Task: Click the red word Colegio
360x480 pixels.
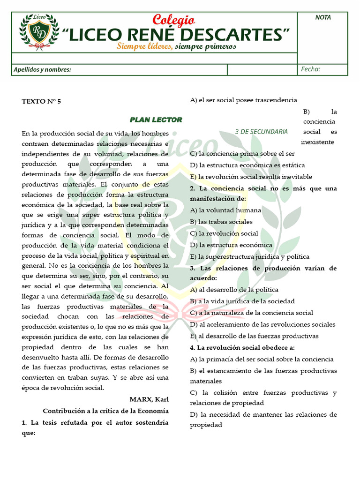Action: point(174,20)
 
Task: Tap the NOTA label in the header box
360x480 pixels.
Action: point(323,17)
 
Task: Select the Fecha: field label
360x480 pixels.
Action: point(311,69)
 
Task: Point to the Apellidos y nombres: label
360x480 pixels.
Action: point(42,70)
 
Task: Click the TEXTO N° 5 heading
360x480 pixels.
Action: point(41,101)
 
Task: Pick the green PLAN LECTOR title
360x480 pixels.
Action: point(156,120)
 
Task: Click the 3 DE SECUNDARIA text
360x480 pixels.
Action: point(262,132)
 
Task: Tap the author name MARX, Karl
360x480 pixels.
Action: point(149,399)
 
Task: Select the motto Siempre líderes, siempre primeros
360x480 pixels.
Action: point(176,46)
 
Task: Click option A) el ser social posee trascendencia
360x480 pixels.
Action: point(243,100)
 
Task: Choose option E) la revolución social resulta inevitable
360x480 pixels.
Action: point(251,177)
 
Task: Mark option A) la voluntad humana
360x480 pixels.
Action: point(225,210)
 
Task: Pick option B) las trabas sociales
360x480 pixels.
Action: point(221,222)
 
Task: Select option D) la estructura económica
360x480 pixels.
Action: point(231,245)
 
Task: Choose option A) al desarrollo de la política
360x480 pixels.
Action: point(234,290)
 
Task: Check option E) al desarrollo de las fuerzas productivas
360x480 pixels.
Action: point(254,336)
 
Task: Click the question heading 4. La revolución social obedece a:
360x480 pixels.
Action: point(242,347)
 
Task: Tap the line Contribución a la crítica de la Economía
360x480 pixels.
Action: point(105,411)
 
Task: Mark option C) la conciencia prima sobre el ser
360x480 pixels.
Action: point(242,153)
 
